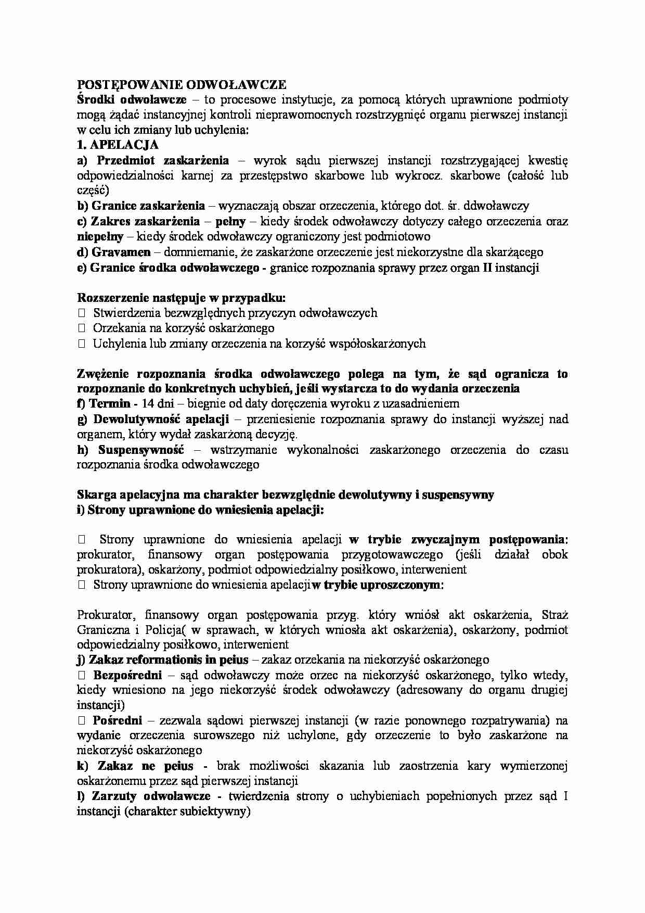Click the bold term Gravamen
pyautogui.click(x=121, y=252)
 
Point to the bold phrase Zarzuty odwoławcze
pyautogui.click(x=151, y=796)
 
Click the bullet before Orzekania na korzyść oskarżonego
pyautogui.click(x=81, y=328)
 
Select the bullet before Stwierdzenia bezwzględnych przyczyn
pyautogui.click(x=81, y=313)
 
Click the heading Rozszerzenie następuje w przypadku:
pyautogui.click(x=182, y=298)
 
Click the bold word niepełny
pyautogui.click(x=100, y=237)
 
